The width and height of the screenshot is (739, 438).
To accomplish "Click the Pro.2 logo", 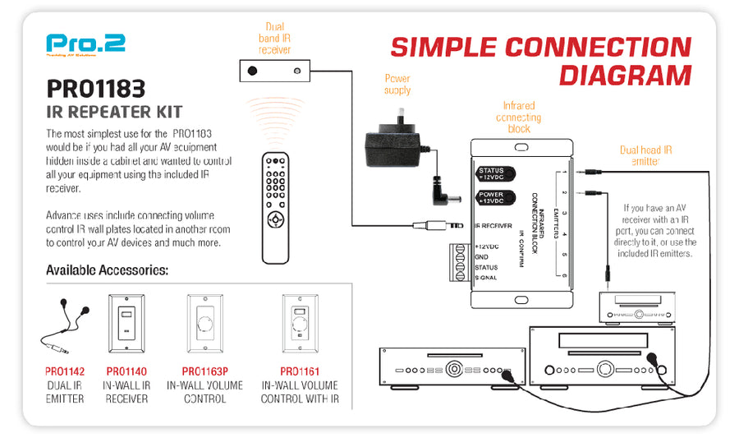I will (85, 44).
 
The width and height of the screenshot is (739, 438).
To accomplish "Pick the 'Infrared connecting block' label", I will (519, 117).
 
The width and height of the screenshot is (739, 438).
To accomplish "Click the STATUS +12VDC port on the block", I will (497, 173).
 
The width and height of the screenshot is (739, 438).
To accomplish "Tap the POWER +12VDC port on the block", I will (497, 198).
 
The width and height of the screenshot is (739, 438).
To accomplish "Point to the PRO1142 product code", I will (64, 371).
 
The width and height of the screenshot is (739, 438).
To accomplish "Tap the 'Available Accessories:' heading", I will (108, 270).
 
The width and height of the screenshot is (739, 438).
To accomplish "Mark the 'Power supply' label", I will (397, 84).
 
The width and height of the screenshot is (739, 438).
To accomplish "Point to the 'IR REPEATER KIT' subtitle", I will (114, 111).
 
